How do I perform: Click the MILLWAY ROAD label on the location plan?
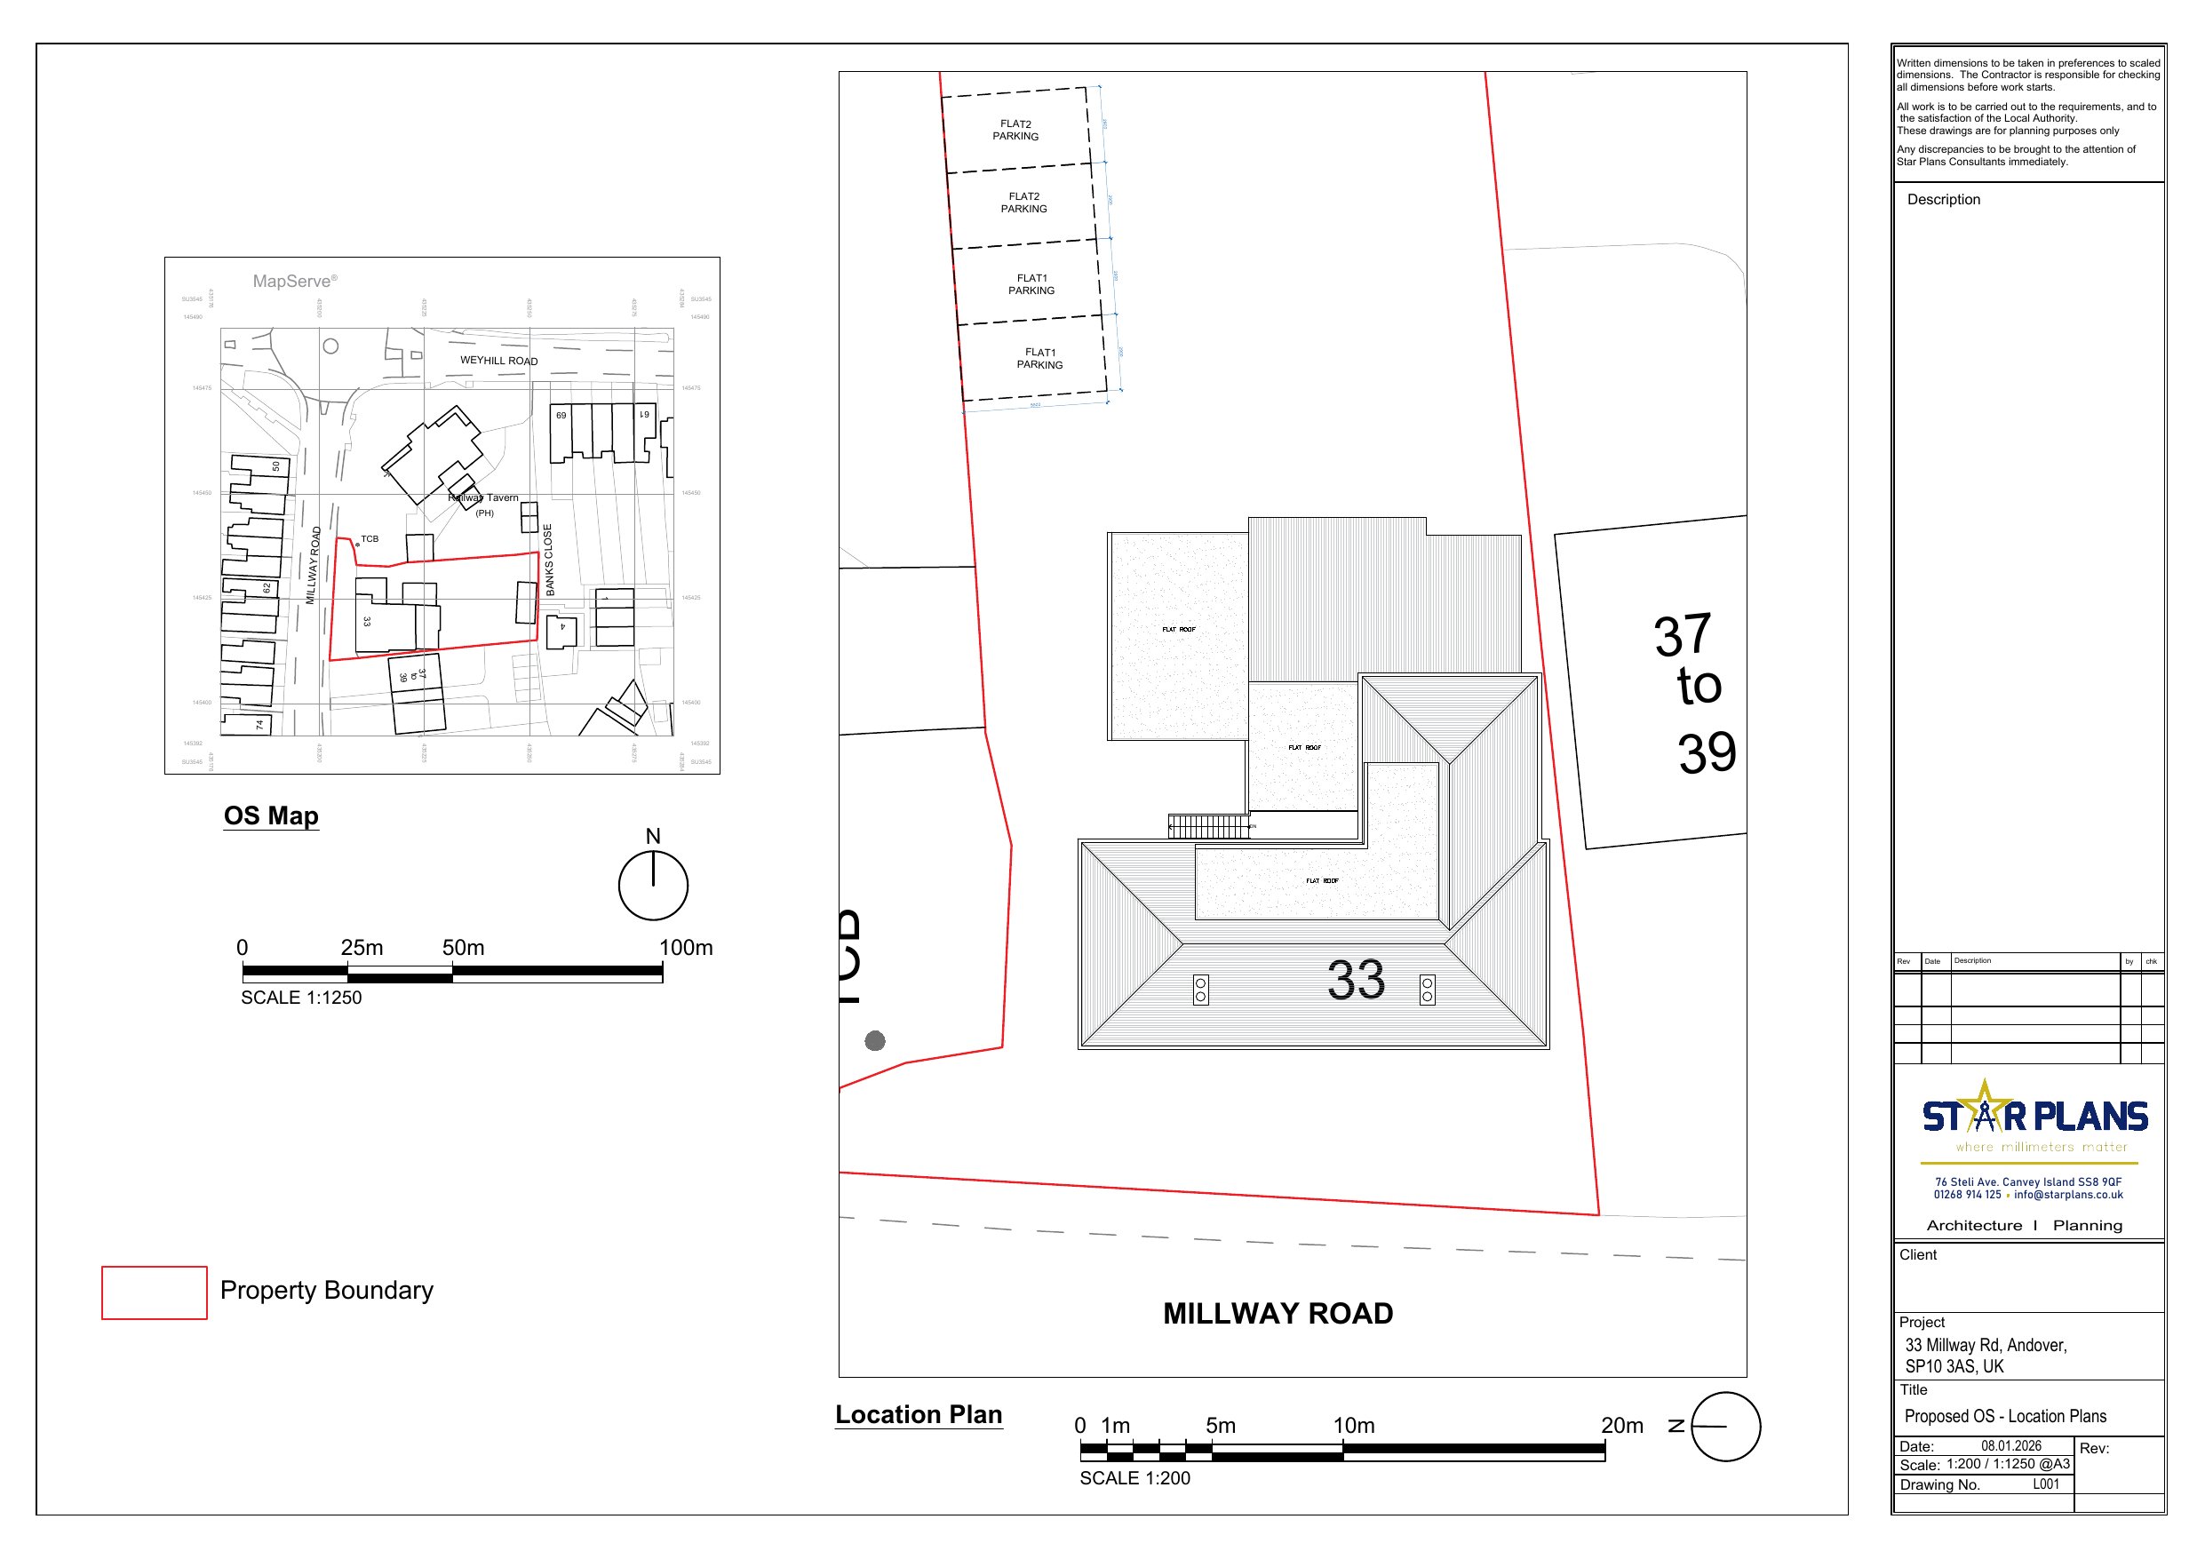1278,1313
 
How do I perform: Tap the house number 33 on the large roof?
1355,980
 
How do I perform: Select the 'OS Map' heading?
271,815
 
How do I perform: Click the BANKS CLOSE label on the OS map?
548,559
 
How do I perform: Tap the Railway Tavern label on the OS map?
484,497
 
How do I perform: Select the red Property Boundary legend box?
154,1292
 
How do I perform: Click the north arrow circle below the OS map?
653,885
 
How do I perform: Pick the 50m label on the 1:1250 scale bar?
463,947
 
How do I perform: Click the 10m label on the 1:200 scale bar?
1353,1426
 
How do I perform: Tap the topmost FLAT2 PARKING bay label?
1015,130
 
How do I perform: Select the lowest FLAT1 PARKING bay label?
1039,358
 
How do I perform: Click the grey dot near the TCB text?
875,1040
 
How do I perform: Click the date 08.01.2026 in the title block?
2011,1445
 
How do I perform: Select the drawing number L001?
2046,1484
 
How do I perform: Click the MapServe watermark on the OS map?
294,281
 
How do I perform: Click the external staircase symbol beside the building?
1209,826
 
